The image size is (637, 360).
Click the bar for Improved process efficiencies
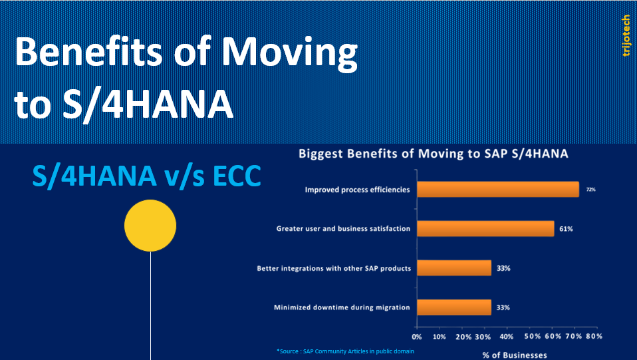[x=497, y=190]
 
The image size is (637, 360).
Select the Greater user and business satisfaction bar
[x=485, y=229]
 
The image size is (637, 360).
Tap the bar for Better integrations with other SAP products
[x=453, y=268]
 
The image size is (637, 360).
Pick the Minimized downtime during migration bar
[x=453, y=307]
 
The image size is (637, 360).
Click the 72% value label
[x=590, y=190]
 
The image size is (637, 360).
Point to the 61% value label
[x=566, y=229]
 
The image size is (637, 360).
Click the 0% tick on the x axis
[x=418, y=337]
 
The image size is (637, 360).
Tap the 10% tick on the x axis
[x=439, y=337]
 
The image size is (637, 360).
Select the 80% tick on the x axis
[x=594, y=337]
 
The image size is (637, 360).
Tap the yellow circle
[x=150, y=226]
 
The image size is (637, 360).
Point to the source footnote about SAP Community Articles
[x=345, y=351]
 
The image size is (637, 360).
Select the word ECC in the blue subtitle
[x=231, y=176]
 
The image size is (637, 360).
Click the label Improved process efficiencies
[x=357, y=190]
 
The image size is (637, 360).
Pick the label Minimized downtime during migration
[x=342, y=307]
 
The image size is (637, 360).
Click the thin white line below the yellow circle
[x=151, y=306]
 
